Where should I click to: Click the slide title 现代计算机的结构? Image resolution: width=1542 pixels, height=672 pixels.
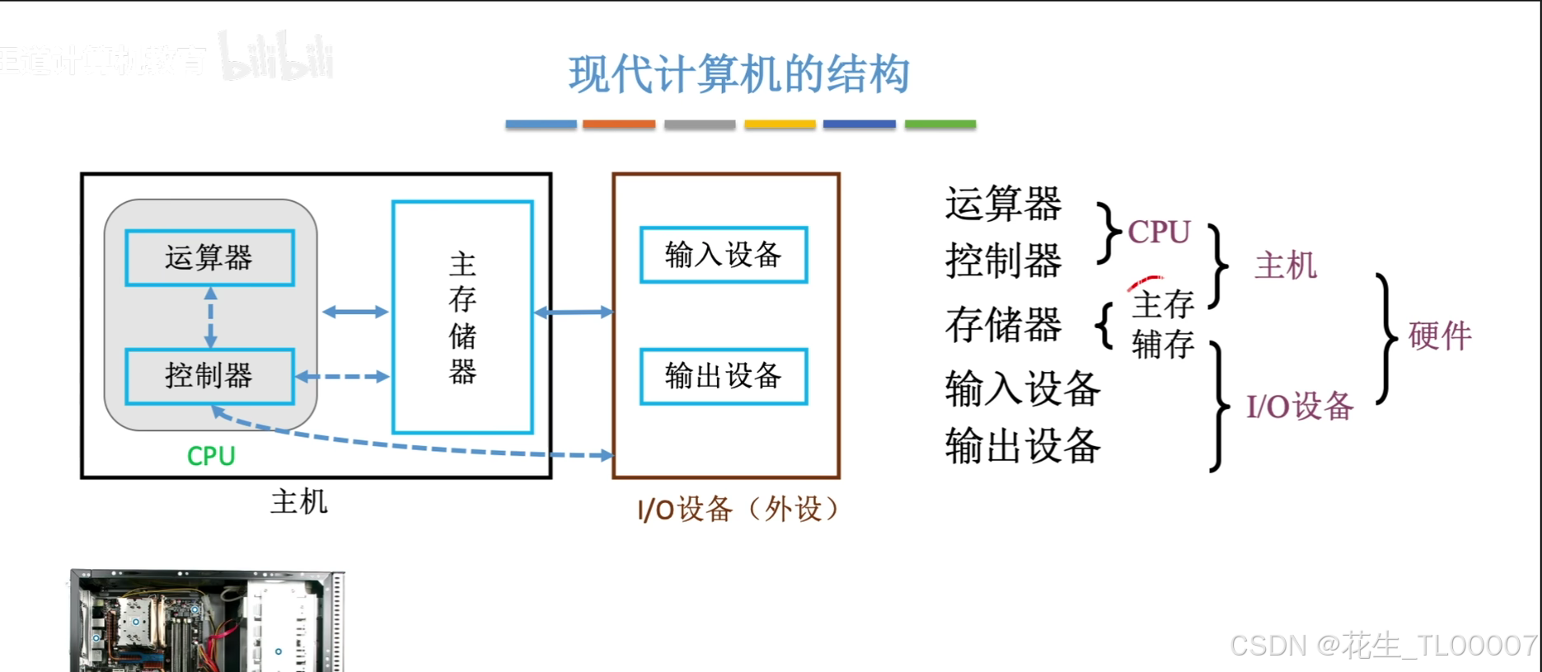pos(738,74)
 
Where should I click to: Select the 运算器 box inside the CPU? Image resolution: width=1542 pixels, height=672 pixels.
pos(209,258)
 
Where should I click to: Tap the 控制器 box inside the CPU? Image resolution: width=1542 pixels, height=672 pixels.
pos(209,376)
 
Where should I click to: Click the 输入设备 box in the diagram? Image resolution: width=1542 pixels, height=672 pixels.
pos(723,255)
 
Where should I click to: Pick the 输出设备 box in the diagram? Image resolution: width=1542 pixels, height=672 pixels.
pos(723,376)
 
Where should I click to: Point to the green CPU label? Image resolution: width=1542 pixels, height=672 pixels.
pos(211,456)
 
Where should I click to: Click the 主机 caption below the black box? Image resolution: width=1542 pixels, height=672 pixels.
pos(298,501)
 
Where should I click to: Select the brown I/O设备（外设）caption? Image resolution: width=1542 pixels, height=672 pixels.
pos(738,510)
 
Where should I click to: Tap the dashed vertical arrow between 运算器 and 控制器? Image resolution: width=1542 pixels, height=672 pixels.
pos(211,317)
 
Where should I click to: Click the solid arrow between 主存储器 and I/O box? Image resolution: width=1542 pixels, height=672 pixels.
pos(574,313)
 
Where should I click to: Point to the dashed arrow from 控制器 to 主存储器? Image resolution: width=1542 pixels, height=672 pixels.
pos(342,377)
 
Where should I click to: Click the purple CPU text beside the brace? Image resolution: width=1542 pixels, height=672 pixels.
pos(1159,233)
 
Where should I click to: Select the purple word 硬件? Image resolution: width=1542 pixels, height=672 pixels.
pos(1440,336)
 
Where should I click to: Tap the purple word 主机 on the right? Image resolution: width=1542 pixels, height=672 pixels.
pos(1285,266)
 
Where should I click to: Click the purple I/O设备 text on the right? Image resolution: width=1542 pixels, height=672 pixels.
pos(1300,406)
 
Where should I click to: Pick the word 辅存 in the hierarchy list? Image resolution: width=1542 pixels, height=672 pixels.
pos(1163,344)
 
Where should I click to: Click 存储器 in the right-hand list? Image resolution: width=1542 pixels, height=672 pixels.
pos(1003,324)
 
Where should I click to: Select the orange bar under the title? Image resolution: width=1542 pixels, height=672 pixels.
pos(619,125)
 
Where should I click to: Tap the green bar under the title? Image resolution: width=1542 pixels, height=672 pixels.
pos(940,125)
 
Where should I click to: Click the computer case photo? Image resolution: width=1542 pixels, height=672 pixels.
pos(206,620)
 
